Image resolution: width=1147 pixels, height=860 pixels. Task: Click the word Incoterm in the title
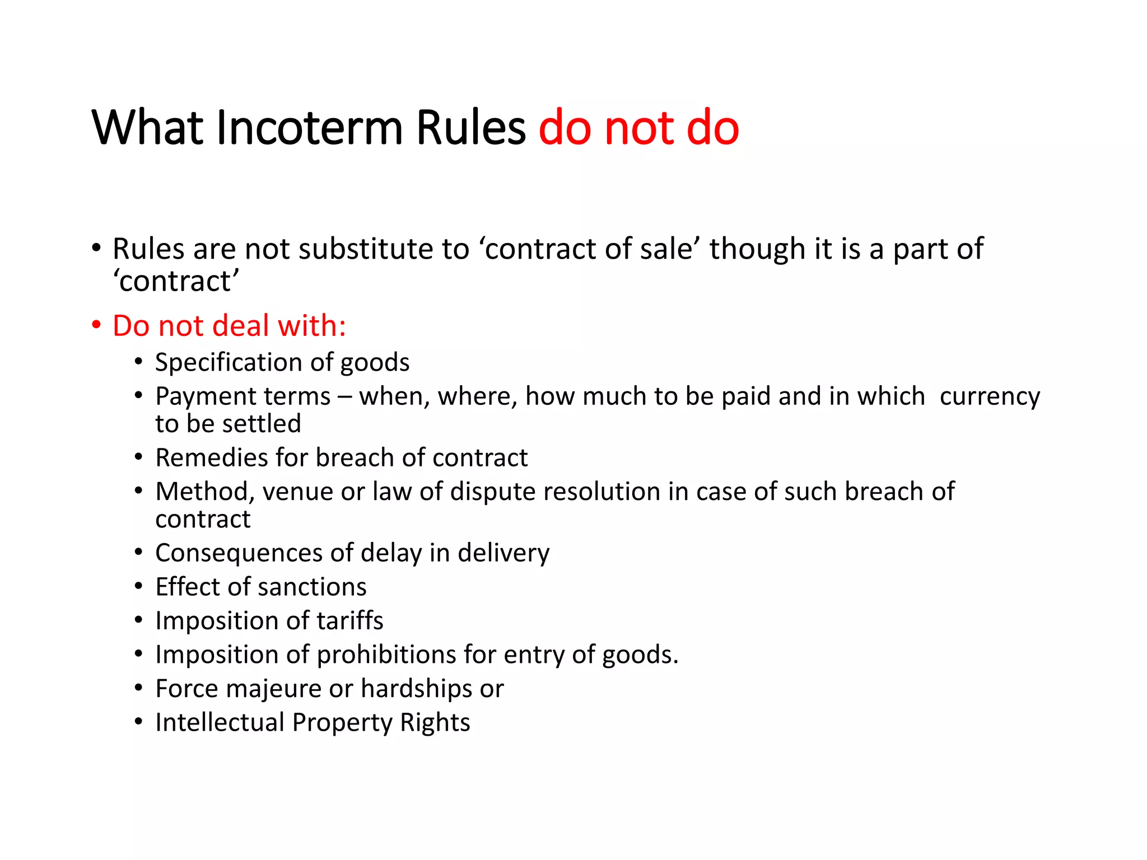point(309,128)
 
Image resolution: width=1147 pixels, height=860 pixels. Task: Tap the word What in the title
point(147,128)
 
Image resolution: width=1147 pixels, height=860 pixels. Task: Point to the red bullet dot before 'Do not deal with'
point(97,325)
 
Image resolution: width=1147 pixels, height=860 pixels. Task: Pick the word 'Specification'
point(226,362)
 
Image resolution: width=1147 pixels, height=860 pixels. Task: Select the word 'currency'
point(990,396)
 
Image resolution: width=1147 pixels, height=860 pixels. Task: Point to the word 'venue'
point(297,492)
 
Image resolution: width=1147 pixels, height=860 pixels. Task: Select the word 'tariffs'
point(350,620)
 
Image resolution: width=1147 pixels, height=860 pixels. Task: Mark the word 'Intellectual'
point(220,722)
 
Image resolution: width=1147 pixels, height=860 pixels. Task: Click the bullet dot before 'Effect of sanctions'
point(138,587)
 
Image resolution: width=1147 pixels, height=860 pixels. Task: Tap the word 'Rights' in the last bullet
point(435,722)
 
